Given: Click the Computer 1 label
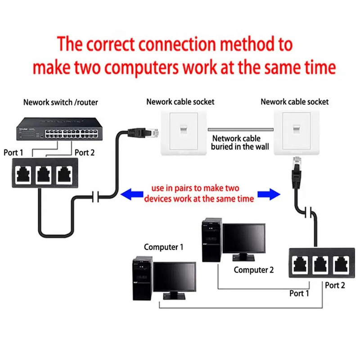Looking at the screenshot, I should coord(163,247).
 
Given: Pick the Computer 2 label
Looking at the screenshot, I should coord(253,270).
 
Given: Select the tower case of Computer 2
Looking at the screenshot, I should coord(211,240).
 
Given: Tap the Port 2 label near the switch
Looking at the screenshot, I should coord(85,152).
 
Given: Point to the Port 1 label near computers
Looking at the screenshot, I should coord(299,293).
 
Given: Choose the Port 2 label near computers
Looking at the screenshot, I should coord(335,285).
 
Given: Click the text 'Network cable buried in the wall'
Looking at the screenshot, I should coord(240,143).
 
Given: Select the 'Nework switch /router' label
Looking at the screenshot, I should coord(60,102).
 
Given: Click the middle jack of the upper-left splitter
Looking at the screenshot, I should coord(43,175).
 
